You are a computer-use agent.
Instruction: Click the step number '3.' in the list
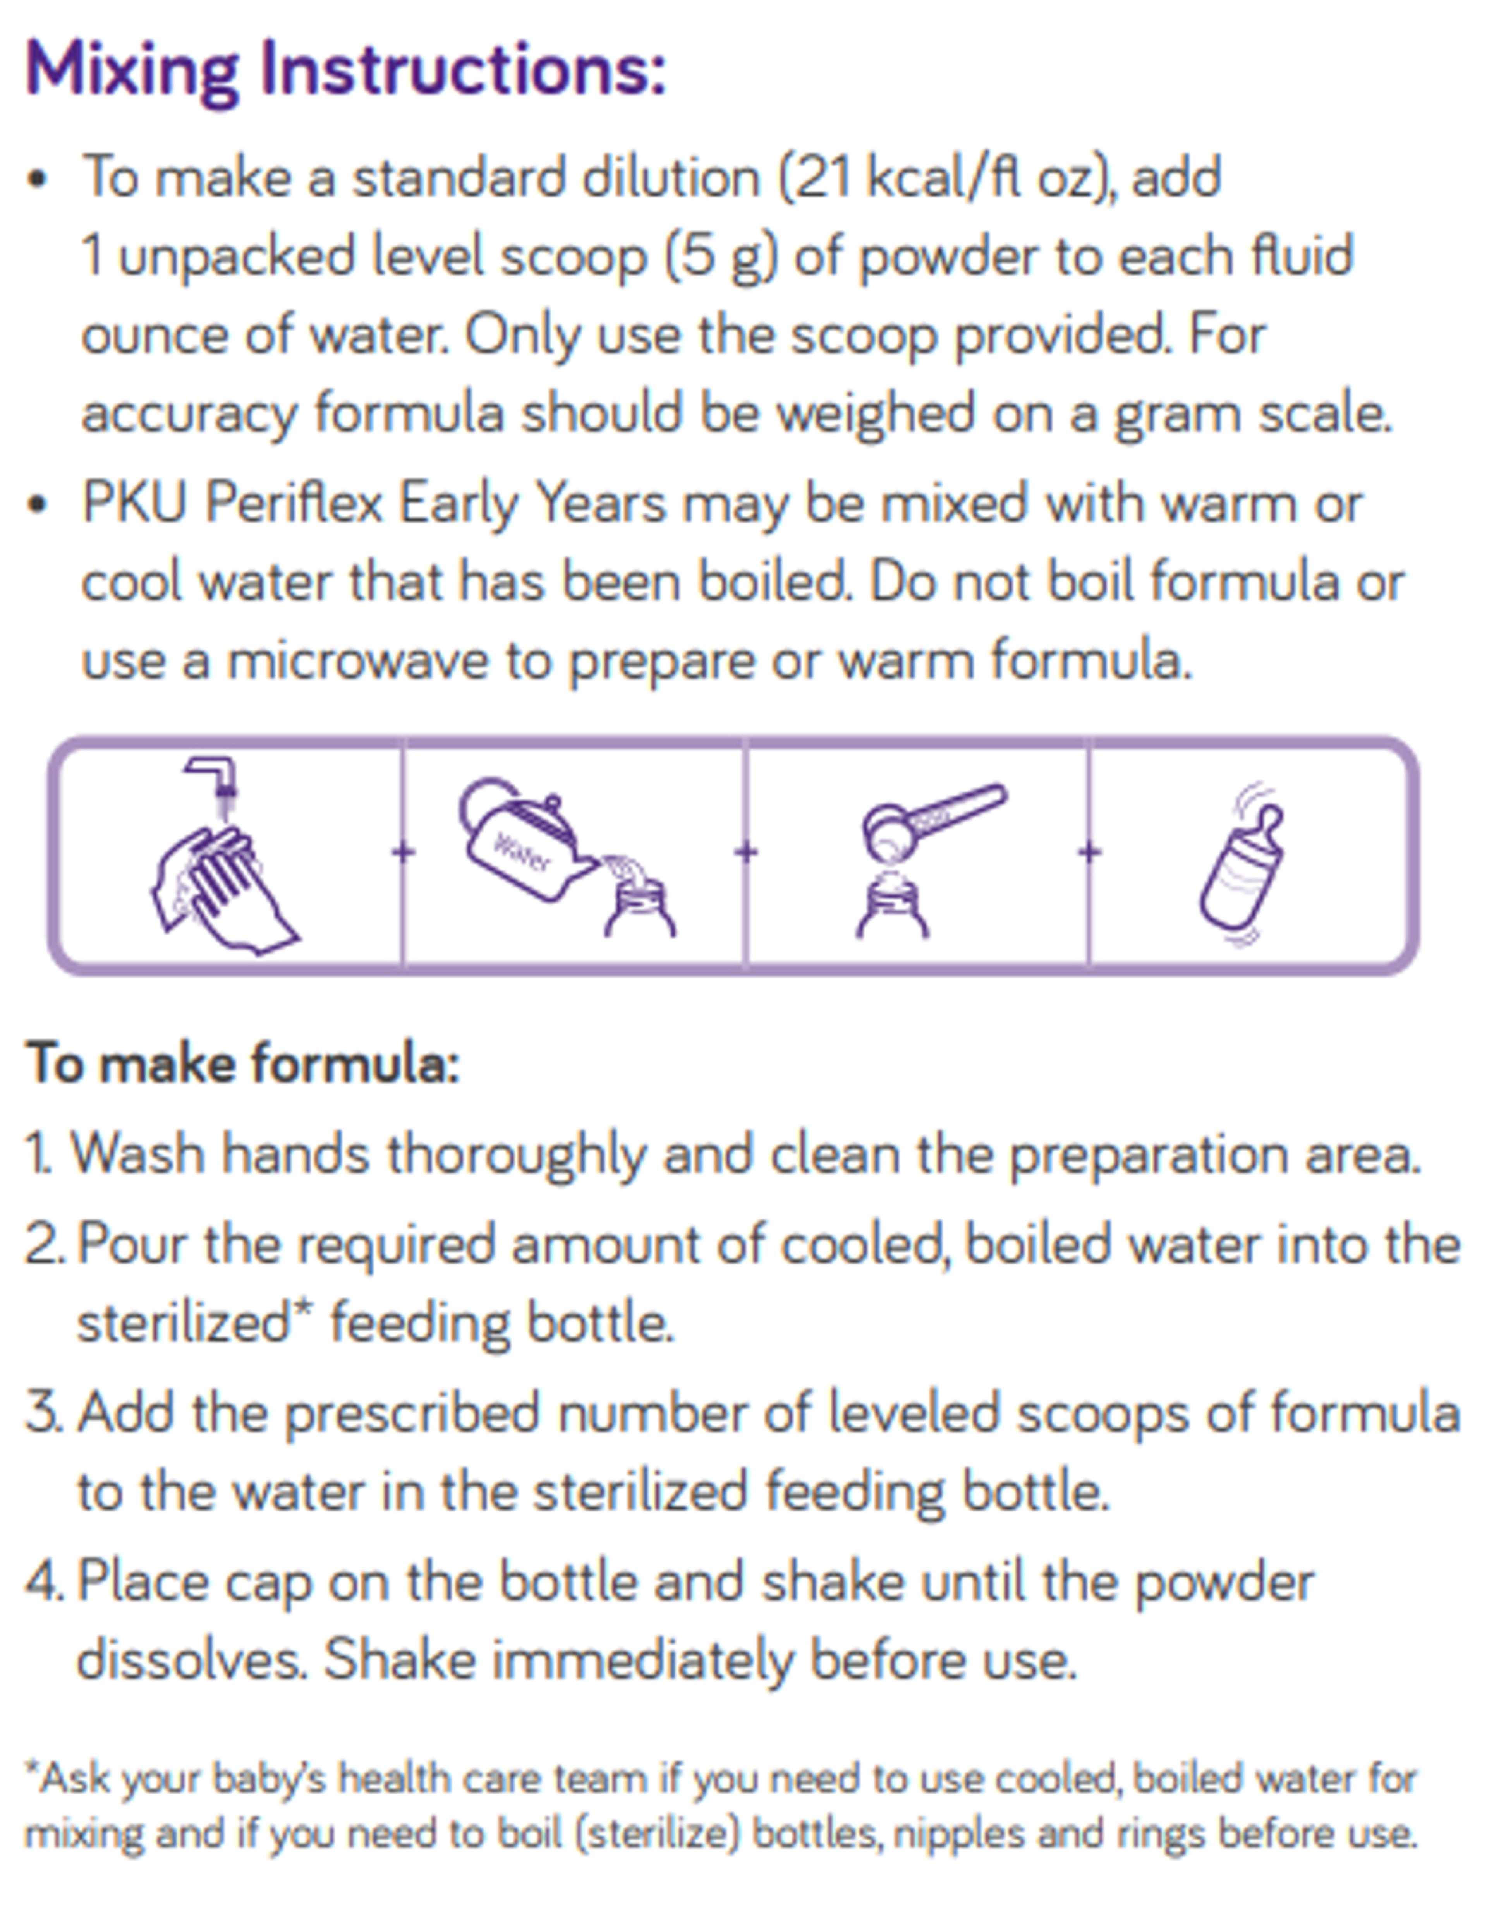point(44,1413)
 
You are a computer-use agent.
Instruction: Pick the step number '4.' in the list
point(44,1582)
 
